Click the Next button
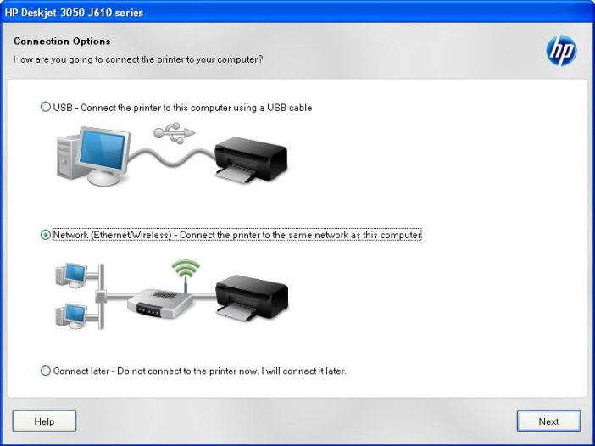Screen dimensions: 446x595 point(548,421)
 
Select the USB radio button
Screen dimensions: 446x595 point(46,108)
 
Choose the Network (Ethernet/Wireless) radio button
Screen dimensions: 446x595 point(46,235)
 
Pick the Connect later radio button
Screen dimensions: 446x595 point(46,371)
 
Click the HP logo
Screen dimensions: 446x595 point(560,51)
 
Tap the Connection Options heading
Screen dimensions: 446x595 point(62,41)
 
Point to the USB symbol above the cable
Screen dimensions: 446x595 point(174,132)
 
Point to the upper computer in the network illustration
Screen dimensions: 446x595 point(74,273)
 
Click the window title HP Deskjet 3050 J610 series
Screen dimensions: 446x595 point(74,13)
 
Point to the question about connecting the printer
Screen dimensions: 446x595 point(137,59)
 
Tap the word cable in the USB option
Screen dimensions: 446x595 point(300,108)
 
